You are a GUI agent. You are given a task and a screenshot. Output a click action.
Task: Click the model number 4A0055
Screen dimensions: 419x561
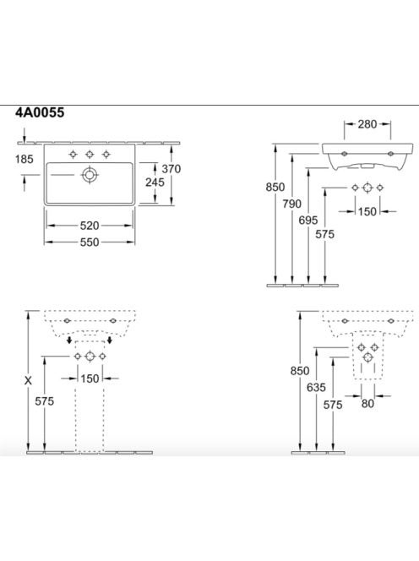click(40, 112)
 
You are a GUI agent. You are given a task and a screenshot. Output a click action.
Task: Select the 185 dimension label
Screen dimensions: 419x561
click(24, 159)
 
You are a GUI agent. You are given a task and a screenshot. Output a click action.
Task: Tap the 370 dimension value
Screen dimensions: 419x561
click(171, 168)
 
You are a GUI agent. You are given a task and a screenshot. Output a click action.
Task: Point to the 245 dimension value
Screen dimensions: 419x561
click(155, 182)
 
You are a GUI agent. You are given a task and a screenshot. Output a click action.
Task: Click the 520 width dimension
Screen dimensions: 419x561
click(90, 226)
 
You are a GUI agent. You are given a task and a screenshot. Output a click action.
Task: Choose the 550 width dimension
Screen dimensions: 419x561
click(90, 242)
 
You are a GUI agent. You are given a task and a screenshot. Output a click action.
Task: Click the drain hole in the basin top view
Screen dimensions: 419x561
click(90, 175)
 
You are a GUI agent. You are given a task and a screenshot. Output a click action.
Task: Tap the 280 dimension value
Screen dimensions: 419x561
click(367, 124)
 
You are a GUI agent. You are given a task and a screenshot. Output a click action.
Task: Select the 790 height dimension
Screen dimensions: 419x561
click(292, 204)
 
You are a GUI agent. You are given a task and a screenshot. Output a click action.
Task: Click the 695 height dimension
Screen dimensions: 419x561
click(308, 220)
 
